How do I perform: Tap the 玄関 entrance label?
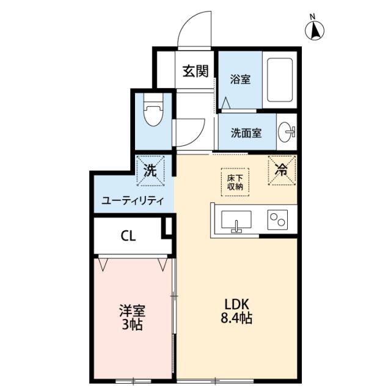(195, 71)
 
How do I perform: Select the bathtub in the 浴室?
(280, 80)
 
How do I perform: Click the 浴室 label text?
(240, 79)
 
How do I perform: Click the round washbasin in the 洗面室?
(286, 132)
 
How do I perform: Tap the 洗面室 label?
(246, 133)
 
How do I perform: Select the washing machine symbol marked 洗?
(150, 171)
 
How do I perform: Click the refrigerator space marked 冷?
(282, 170)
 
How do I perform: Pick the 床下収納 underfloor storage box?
(235, 182)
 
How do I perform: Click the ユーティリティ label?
(133, 200)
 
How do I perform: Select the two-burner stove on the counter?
(277, 219)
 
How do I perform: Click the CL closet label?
(128, 236)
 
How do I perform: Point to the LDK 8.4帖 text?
(236, 311)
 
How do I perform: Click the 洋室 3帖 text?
(132, 317)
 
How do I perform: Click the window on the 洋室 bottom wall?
(133, 381)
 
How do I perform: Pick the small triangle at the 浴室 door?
(225, 103)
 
